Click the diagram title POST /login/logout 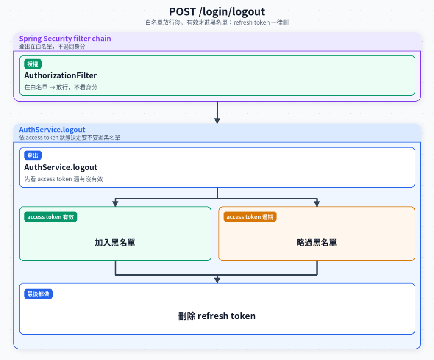217,12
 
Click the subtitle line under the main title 217,23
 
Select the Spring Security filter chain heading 65,39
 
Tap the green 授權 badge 33,64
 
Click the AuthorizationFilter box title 60,75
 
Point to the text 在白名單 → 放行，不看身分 61,87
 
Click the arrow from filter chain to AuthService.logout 217,113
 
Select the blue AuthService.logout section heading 52,130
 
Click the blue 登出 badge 33,156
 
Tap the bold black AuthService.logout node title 61,167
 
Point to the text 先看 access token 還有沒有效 64,179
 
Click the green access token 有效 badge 51,217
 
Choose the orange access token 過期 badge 250,217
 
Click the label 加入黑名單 115,243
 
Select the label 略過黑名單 317,243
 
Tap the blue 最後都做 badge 38,294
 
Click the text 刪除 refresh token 217,316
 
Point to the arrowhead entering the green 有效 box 115,204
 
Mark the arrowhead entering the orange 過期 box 317,204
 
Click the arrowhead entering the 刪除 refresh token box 217,280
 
